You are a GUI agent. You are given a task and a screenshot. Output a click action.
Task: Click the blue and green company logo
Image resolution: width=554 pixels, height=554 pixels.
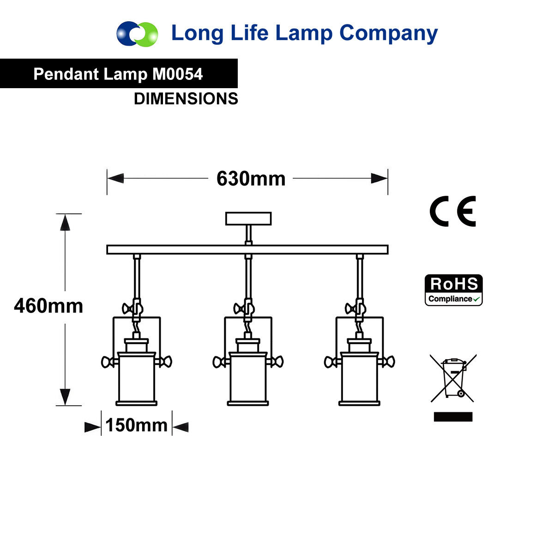pos(137,34)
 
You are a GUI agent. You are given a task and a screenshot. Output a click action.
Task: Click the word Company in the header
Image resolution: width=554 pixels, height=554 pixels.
pos(388,34)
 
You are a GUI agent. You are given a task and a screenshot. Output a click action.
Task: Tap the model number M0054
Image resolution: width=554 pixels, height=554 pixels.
pos(177,74)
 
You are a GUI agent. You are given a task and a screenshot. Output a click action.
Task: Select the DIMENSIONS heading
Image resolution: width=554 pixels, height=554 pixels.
pos(186,99)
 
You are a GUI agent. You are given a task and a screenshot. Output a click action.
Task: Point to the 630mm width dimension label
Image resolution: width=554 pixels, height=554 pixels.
pos(251,179)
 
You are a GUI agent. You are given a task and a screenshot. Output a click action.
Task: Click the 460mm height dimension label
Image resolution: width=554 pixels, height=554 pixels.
pos(48,306)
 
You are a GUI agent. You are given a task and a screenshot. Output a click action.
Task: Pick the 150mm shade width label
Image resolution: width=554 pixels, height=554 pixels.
pos(136,425)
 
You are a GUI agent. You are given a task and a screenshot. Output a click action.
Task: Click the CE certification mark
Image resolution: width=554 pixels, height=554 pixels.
pos(452,211)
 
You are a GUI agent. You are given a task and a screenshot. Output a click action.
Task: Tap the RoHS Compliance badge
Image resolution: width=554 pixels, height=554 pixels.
pos(453,290)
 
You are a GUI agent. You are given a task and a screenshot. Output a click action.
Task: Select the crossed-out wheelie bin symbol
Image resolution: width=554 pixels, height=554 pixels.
pos(453,378)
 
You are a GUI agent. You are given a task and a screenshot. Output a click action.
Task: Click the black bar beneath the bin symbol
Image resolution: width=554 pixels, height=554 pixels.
pos(453,417)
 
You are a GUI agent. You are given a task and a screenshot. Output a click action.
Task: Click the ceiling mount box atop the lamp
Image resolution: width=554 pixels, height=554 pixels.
pos(248,218)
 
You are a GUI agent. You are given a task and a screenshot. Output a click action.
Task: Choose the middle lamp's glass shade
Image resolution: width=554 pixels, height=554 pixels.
pos(248,379)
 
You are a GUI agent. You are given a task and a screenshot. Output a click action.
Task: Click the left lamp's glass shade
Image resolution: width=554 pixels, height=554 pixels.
pos(136,379)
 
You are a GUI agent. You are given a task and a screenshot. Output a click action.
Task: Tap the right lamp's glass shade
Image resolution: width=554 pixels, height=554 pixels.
pos(360,379)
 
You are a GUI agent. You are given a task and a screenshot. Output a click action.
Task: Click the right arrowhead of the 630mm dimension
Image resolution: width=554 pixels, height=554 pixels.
pos(379,178)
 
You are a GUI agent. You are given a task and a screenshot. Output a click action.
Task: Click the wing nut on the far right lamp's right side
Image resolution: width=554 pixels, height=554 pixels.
pos(389,361)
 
